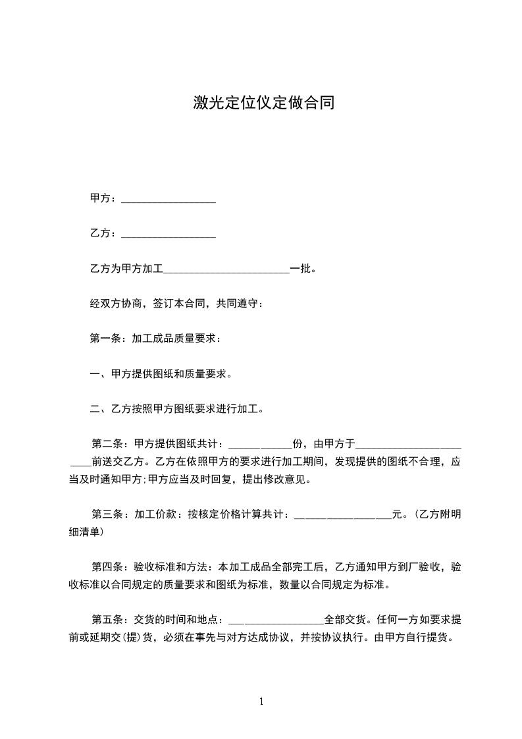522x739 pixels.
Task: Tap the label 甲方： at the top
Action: [x=103, y=198]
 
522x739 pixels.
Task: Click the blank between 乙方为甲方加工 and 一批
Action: [x=226, y=270]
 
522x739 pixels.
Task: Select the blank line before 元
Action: [x=342, y=516]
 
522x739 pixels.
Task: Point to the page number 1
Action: [x=261, y=702]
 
